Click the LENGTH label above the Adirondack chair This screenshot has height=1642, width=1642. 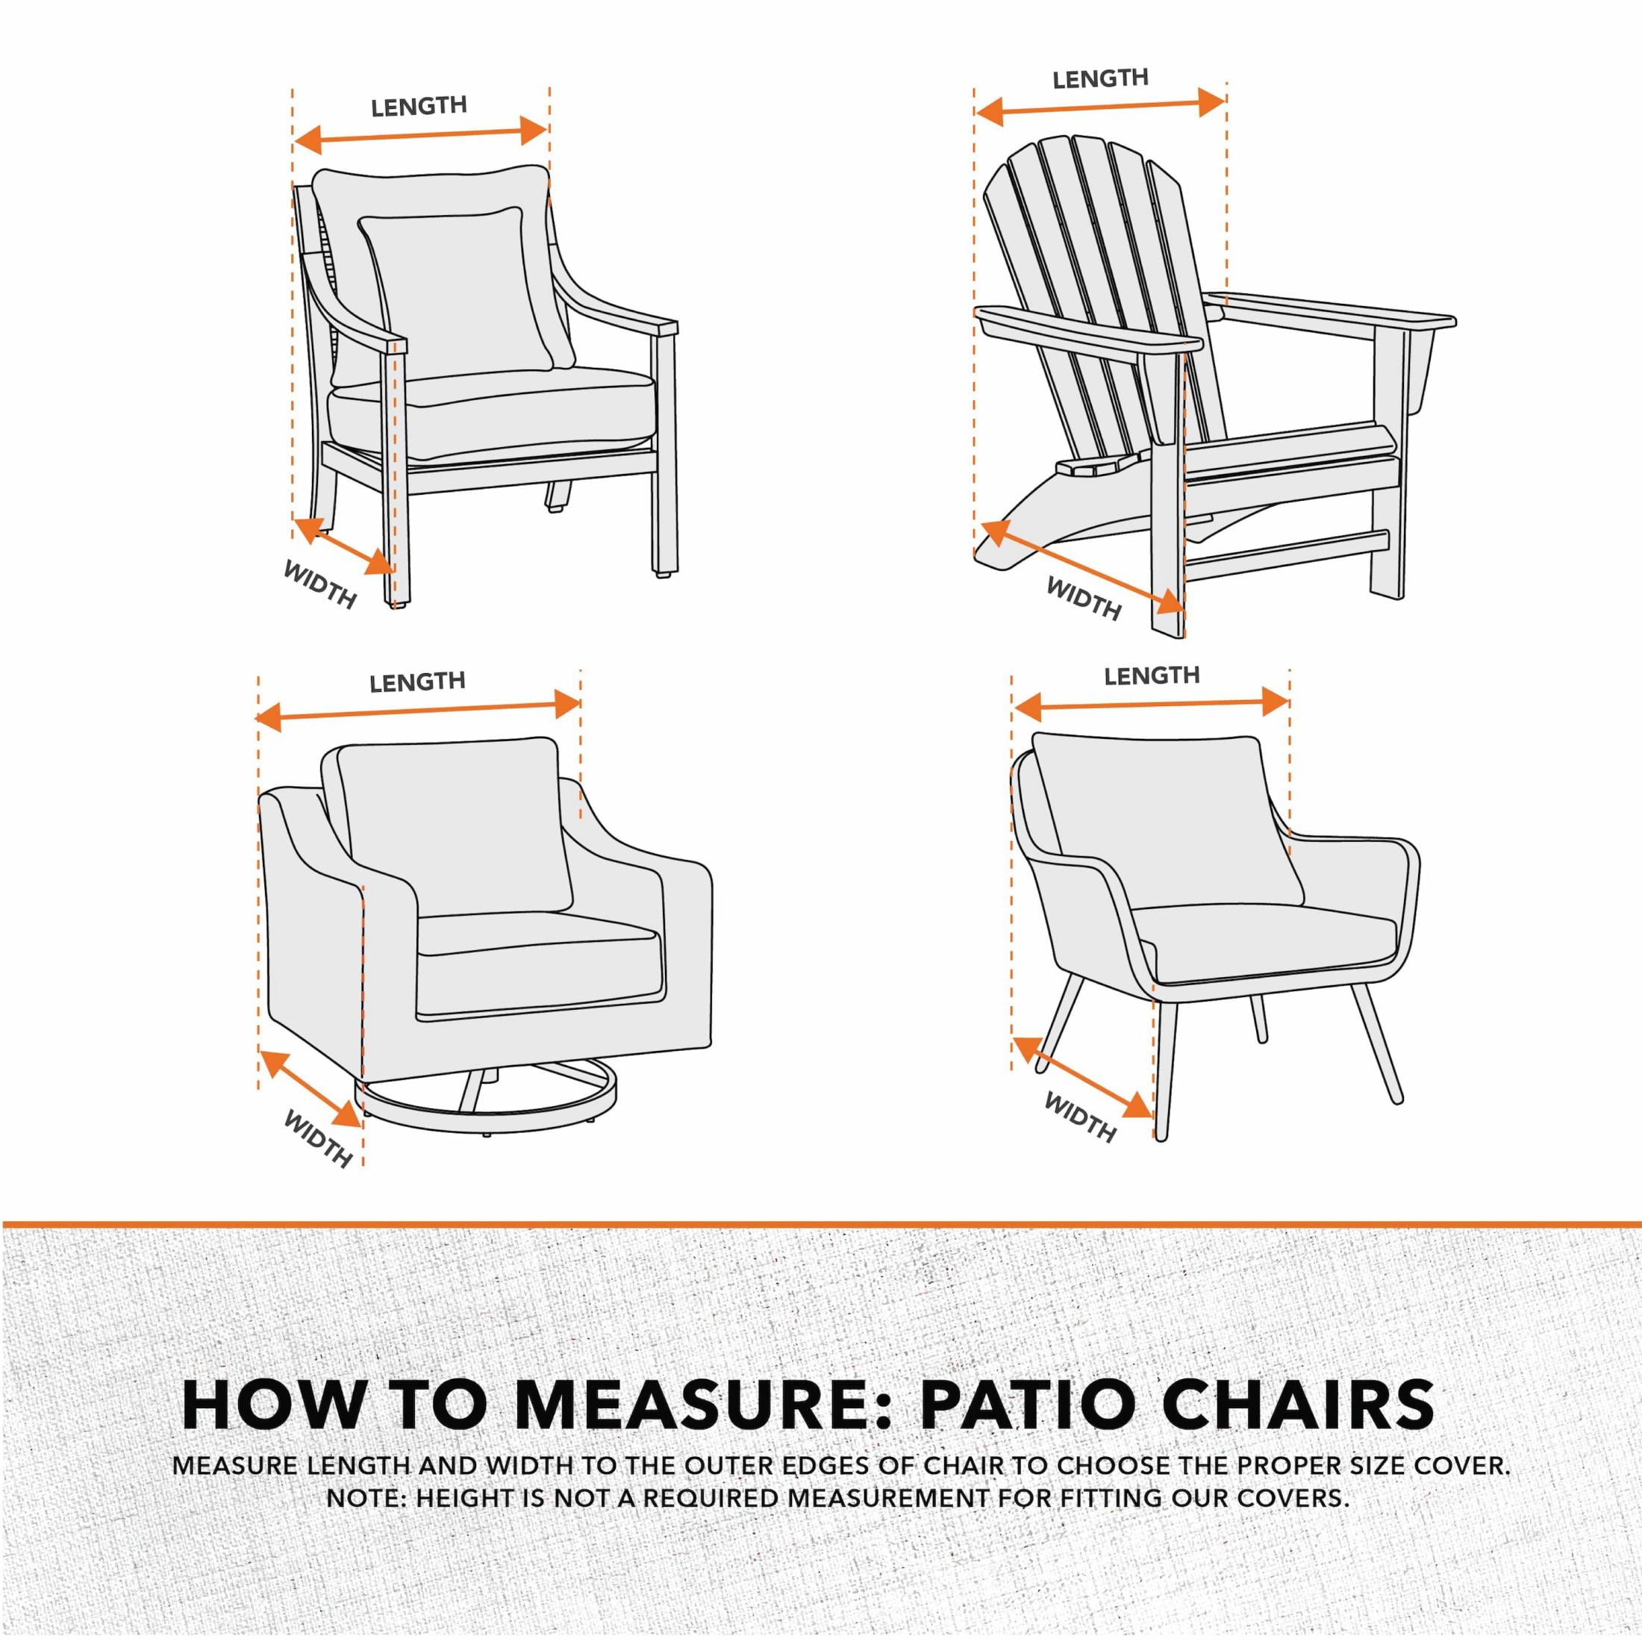click(1101, 79)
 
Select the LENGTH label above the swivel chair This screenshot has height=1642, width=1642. click(417, 681)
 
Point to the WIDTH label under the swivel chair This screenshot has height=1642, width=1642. click(317, 1138)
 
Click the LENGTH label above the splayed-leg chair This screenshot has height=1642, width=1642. click(1152, 675)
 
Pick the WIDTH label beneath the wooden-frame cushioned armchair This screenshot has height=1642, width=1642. click(319, 584)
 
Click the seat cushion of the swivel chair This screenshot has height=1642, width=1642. click(539, 942)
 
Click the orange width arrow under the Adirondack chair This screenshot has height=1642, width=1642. click(1082, 567)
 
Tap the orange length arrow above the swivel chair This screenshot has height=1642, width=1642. click(418, 711)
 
